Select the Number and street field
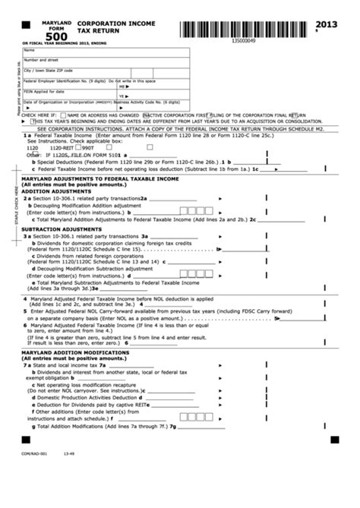tap(91, 62)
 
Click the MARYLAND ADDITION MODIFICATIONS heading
tap(75, 352)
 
